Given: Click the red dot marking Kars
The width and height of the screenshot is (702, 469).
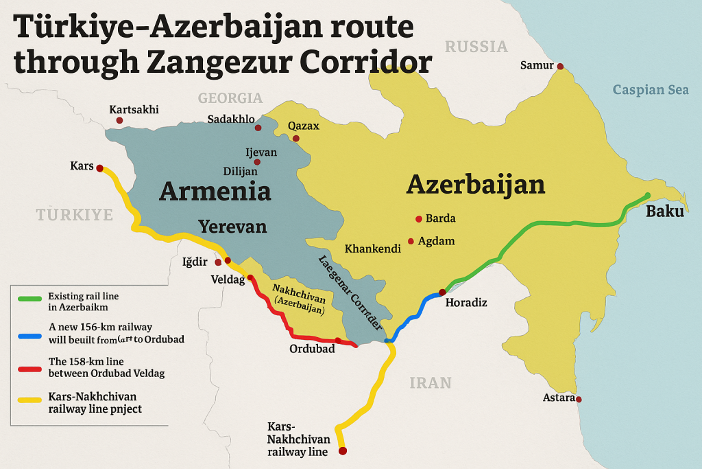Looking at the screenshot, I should [99, 168].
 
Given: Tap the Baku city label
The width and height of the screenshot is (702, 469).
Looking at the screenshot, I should [664, 211].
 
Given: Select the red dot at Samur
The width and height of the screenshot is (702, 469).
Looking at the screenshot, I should [560, 67].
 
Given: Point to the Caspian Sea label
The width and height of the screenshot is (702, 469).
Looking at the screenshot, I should [651, 90].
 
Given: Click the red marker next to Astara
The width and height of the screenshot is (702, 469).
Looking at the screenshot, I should [579, 399].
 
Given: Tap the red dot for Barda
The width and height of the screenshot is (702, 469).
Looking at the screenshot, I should [418, 219].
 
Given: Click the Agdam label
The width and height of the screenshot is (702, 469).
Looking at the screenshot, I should [440, 241].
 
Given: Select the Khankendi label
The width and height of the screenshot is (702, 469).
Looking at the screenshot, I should [372, 249].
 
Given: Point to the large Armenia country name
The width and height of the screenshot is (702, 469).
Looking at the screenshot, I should [215, 191].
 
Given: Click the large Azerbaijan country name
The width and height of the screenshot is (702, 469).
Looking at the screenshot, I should [476, 184].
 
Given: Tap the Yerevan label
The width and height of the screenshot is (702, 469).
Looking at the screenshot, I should [232, 227].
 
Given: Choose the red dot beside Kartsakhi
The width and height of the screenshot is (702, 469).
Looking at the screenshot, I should [119, 120].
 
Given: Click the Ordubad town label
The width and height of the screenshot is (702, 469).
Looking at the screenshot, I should [312, 349].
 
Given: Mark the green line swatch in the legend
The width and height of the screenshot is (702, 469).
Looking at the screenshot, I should [29, 299].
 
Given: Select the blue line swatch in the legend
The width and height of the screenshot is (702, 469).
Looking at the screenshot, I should [29, 336].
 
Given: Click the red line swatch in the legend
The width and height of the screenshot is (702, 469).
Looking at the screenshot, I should [29, 368].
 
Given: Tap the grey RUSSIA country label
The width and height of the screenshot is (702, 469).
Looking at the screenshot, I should [476, 47].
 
